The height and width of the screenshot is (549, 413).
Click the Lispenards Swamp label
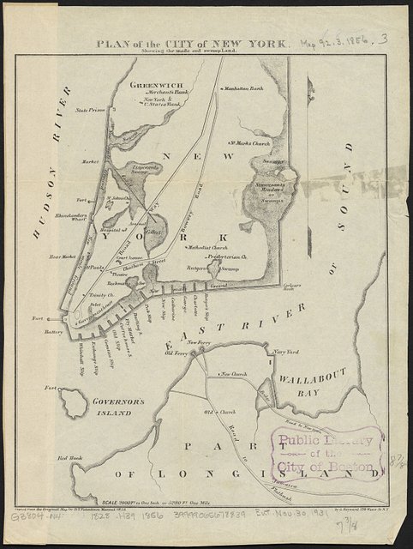pos(143,171)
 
